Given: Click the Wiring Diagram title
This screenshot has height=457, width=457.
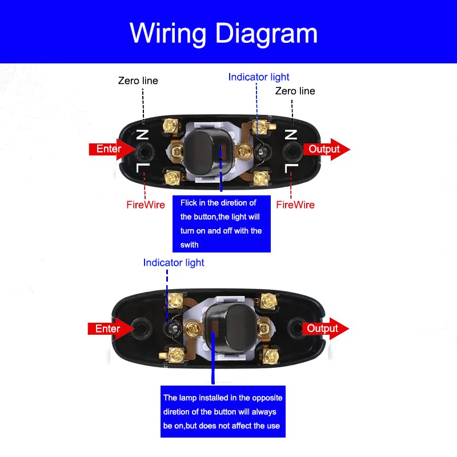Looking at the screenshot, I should click(223, 33).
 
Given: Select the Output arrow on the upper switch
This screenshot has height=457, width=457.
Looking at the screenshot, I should click(326, 149).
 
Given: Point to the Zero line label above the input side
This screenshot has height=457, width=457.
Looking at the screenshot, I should click(138, 81).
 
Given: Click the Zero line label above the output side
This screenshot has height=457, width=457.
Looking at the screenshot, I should click(295, 91).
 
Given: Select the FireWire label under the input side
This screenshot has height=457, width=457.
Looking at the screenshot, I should click(146, 205).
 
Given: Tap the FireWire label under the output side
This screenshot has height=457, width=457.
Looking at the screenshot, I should click(295, 205).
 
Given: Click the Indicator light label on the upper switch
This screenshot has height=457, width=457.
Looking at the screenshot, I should click(259, 77).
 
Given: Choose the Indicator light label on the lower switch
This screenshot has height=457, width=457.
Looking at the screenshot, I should click(174, 263).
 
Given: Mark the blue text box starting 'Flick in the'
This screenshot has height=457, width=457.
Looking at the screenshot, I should click(222, 223).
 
